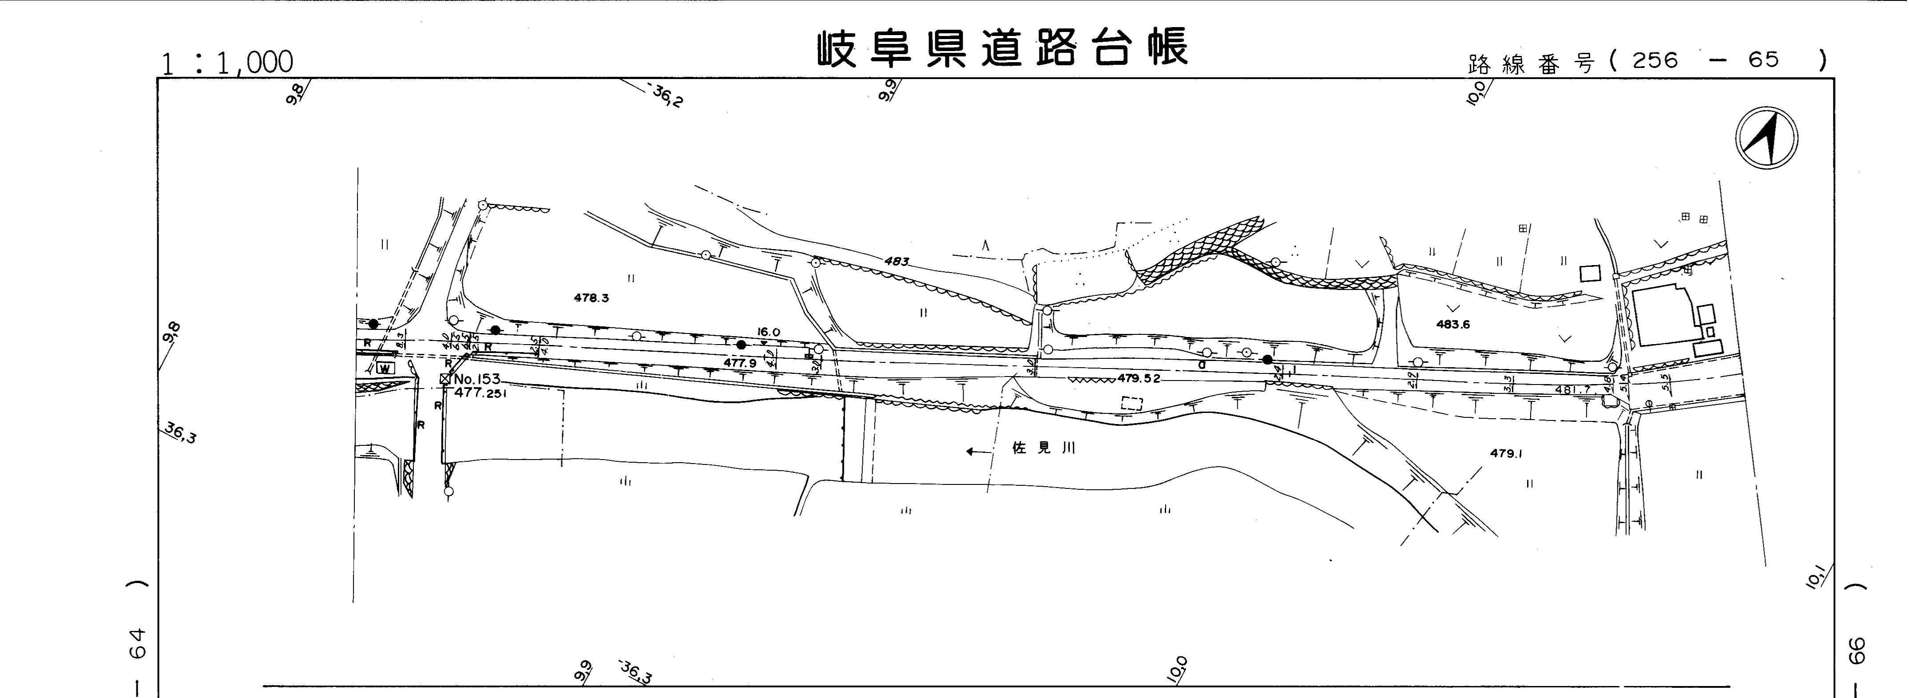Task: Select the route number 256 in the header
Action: click(x=1654, y=60)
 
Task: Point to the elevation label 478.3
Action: click(x=591, y=298)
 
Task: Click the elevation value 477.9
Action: click(x=740, y=363)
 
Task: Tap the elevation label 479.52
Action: click(x=1138, y=378)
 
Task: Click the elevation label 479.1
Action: click(x=1506, y=453)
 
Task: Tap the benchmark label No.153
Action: click(x=476, y=379)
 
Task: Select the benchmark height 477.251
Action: click(x=480, y=393)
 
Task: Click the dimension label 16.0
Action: click(x=769, y=333)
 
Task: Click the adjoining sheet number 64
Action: click(x=137, y=643)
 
